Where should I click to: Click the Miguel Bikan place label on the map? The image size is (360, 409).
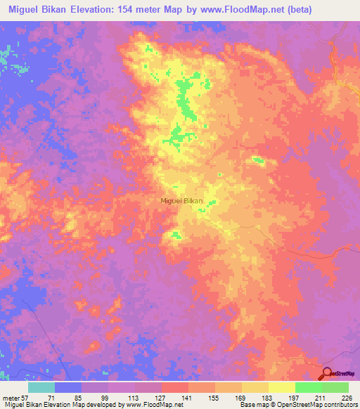pos(182,200)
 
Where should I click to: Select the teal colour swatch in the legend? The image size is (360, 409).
pos(41,388)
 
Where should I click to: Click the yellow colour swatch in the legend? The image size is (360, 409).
pos(281,388)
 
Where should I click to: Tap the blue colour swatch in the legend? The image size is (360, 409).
pos(68,388)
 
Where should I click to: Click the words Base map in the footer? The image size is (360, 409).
pos(254,404)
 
